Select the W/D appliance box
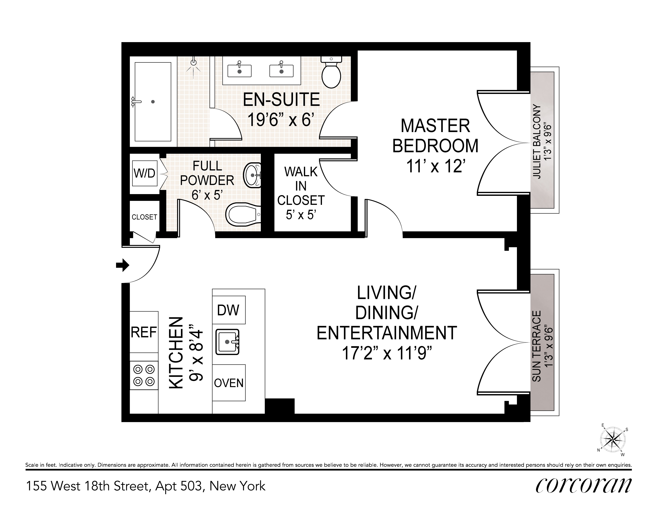[x=144, y=173]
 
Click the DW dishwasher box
[x=228, y=310]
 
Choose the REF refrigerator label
[x=144, y=332]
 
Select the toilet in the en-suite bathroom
[x=331, y=72]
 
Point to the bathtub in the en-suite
[x=153, y=102]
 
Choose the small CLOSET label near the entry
[x=144, y=217]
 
